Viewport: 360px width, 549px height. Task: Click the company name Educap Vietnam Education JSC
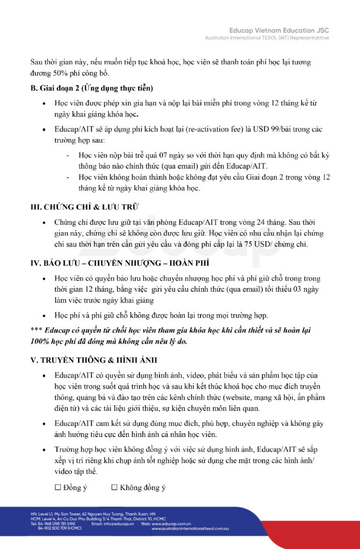pos(279,31)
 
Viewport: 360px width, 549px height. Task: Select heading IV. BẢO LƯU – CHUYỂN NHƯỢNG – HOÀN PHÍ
pos(120,263)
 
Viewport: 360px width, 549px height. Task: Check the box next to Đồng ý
pos(58,488)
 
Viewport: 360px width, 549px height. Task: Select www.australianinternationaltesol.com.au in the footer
pos(190,529)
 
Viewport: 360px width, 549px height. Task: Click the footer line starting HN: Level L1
pos(92,514)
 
